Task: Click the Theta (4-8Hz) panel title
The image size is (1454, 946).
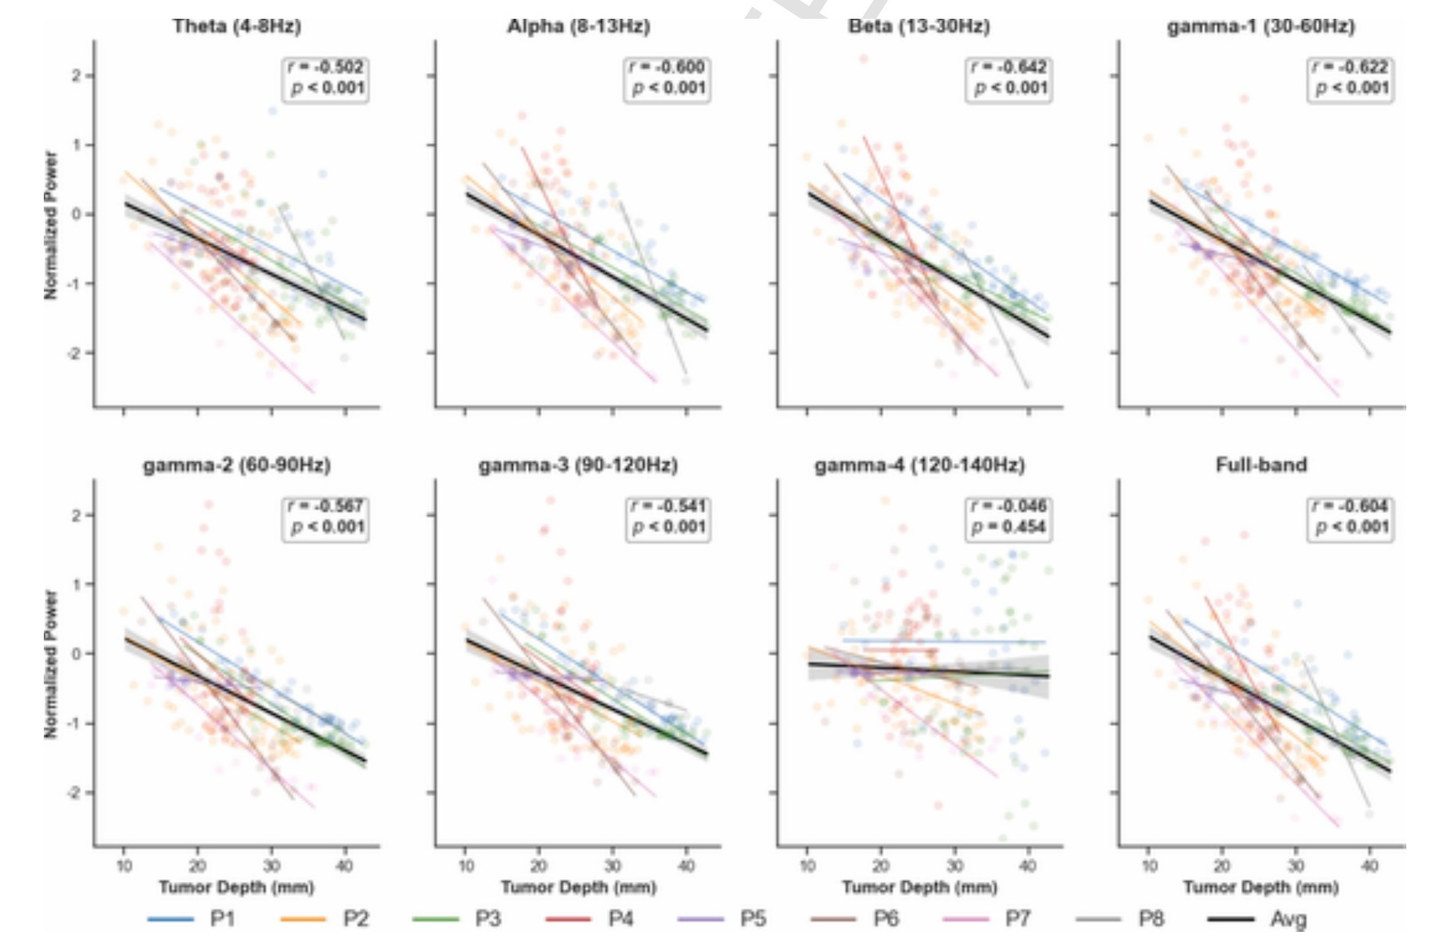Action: click(237, 26)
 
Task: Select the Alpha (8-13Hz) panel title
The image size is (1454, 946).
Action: click(578, 26)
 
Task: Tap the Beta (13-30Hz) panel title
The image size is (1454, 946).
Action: click(919, 26)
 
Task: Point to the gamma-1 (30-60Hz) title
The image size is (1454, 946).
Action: click(1261, 26)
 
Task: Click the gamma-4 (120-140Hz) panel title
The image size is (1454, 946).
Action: click(919, 465)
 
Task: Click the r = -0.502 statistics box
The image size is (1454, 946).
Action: click(324, 78)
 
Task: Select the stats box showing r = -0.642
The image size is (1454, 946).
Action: click(1008, 78)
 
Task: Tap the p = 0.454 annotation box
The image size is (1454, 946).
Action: click(1008, 518)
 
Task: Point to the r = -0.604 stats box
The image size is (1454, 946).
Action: click(1349, 518)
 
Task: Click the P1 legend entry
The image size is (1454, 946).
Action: click(191, 919)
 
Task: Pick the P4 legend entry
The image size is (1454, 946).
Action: click(589, 919)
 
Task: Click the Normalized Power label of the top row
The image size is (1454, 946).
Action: click(51, 225)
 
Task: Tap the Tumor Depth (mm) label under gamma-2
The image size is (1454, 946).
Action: click(237, 887)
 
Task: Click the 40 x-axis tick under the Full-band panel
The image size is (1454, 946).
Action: click(1369, 865)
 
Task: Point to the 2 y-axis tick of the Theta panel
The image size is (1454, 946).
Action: click(77, 76)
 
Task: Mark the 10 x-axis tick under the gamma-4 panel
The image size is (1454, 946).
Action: click(807, 865)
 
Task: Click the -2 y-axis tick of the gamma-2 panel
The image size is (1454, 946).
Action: click(74, 793)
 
